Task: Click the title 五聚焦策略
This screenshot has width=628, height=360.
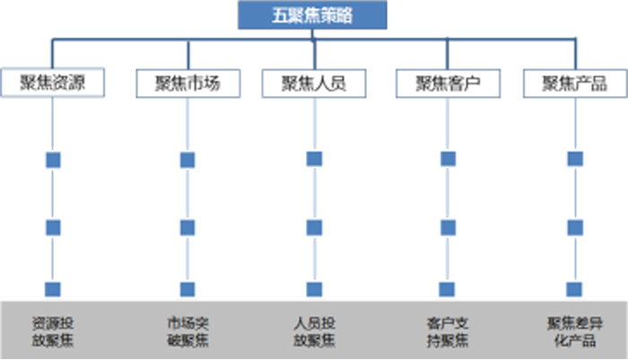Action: tap(312, 15)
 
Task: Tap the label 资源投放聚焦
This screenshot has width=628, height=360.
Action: tap(53, 331)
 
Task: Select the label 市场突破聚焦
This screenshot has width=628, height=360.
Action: tap(187, 331)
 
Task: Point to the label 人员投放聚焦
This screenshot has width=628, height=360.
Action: tap(314, 331)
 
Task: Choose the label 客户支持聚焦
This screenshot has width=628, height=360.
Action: tap(448, 331)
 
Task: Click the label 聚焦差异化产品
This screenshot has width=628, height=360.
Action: tap(576, 331)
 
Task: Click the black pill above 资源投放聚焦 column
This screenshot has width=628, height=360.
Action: tap(53, 83)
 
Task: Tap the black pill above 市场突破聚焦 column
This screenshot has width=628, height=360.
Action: tap(187, 83)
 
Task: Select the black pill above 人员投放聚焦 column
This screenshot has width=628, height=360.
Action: tap(313, 83)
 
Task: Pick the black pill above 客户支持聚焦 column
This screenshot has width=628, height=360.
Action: tap(448, 83)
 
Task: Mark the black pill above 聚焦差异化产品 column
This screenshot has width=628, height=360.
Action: tap(575, 83)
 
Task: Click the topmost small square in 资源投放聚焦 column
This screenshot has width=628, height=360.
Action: tap(53, 160)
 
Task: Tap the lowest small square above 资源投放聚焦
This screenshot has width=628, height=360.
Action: tap(53, 289)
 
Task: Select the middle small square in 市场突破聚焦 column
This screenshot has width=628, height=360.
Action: tap(187, 227)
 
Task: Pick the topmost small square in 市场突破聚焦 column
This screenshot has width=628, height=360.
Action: tap(187, 160)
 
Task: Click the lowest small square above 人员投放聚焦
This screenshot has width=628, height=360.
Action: tap(314, 289)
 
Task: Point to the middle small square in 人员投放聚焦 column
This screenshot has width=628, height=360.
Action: tap(314, 227)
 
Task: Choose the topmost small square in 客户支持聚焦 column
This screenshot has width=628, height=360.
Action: tap(448, 160)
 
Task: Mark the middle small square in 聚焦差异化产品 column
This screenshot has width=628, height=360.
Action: tap(576, 227)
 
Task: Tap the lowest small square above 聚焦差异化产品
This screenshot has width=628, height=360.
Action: tap(576, 289)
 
